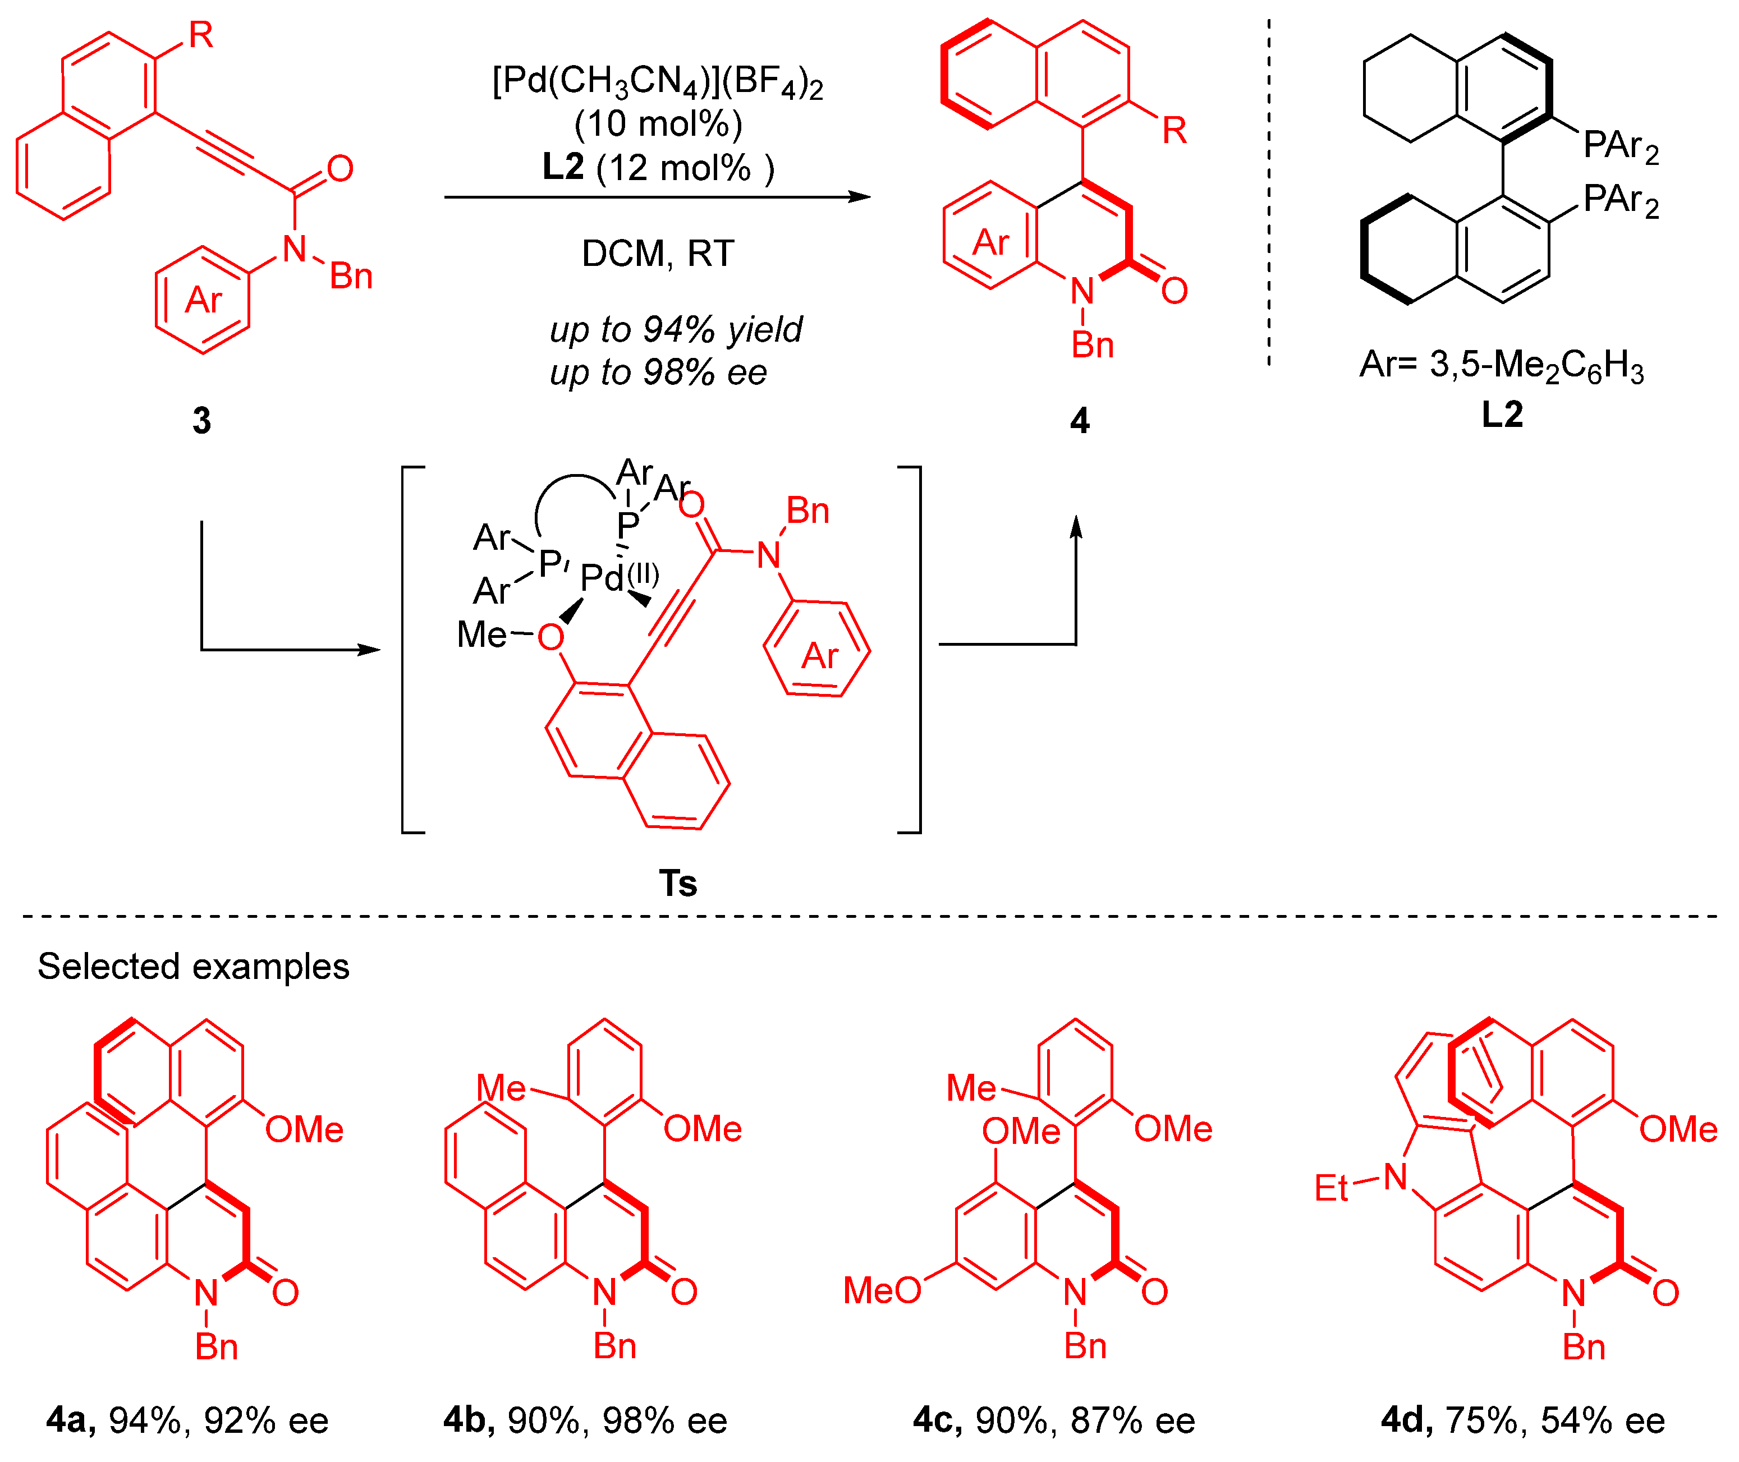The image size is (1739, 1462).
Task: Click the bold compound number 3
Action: [x=201, y=420]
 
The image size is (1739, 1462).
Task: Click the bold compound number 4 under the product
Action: [x=1079, y=420]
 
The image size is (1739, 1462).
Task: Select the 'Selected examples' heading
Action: [x=193, y=967]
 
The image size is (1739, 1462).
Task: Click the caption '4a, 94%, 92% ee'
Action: [x=187, y=1420]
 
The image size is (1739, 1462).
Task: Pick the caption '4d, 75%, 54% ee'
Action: [x=1522, y=1420]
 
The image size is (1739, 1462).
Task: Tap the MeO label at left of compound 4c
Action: [x=881, y=1290]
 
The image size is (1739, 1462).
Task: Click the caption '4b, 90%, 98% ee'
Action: [x=585, y=1420]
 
